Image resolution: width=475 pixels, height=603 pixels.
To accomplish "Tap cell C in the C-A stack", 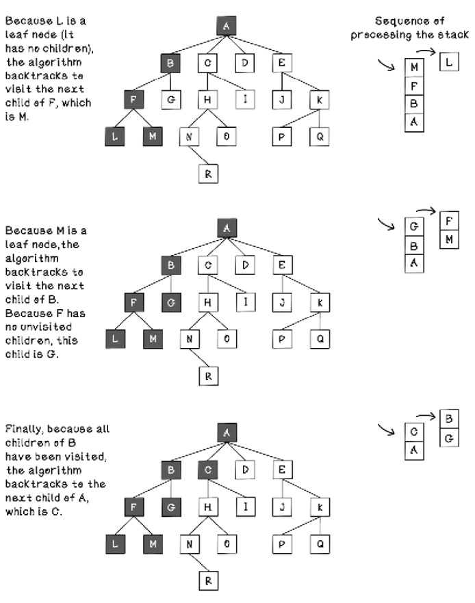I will (x=413, y=432).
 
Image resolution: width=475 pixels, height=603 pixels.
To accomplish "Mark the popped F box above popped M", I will (x=448, y=221).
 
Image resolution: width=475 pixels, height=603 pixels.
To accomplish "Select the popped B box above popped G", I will (x=448, y=418).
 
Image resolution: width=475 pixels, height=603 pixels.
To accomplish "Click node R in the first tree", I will (x=207, y=174).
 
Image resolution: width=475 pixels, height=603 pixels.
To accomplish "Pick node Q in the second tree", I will (x=318, y=338).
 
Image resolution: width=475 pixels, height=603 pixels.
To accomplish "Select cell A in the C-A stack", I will (x=413, y=451).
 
